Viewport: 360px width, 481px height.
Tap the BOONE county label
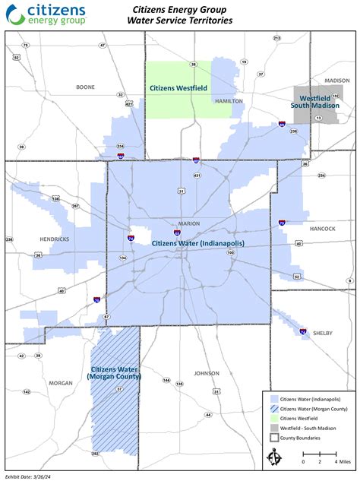pyautogui.click(x=85, y=87)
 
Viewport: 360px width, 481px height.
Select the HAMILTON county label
pyautogui.click(x=228, y=100)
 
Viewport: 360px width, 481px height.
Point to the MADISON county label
pyautogui.click(x=336, y=81)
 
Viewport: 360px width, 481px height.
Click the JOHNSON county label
pyautogui.click(x=206, y=373)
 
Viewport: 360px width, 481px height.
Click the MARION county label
pyautogui.click(x=188, y=223)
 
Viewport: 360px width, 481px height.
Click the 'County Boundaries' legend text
pyautogui.click(x=299, y=438)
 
